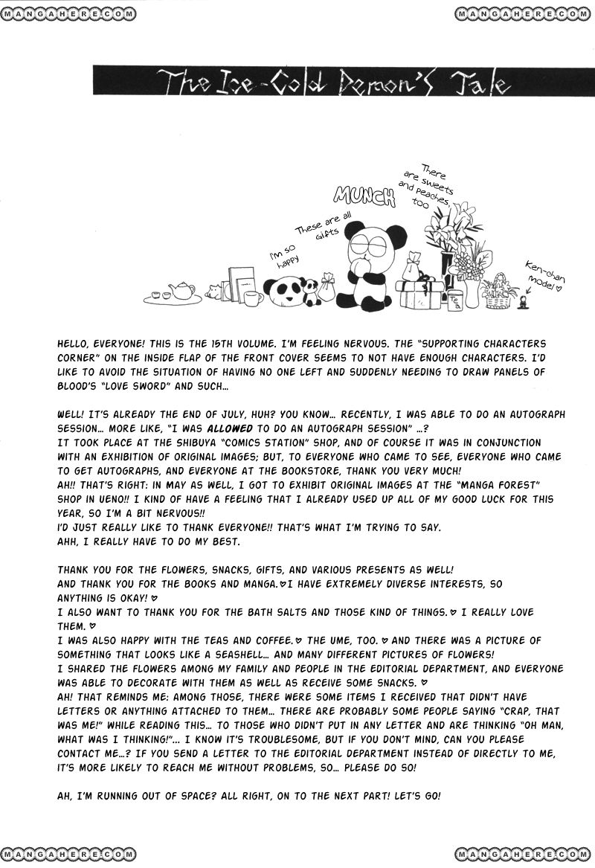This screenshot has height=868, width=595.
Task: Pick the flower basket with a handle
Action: (500, 292)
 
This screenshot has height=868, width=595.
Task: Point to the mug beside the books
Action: (254, 298)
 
